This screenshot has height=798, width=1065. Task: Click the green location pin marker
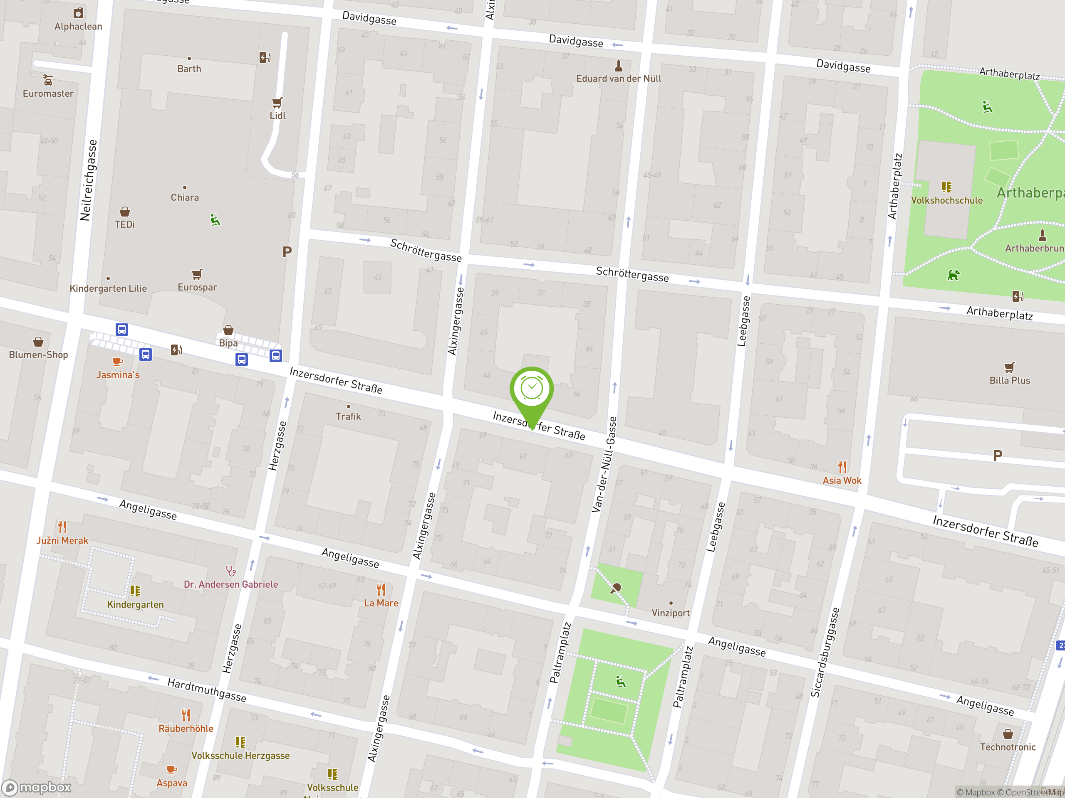click(x=532, y=389)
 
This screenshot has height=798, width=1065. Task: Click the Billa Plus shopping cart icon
click(x=1010, y=367)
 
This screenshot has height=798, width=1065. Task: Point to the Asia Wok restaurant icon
click(x=842, y=467)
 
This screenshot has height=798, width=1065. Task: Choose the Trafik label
click(x=348, y=416)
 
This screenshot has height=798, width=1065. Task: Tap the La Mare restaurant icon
click(x=381, y=590)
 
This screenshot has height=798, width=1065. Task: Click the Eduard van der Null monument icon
click(x=619, y=65)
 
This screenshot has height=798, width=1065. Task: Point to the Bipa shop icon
click(x=228, y=330)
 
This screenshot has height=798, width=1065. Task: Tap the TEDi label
click(x=125, y=224)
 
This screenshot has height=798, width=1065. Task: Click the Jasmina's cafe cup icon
click(x=117, y=362)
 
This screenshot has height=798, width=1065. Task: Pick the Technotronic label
click(x=1008, y=747)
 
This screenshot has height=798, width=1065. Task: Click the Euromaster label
click(x=48, y=94)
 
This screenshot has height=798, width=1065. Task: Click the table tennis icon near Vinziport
click(x=616, y=588)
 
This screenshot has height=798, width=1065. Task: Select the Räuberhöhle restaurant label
click(x=186, y=729)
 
